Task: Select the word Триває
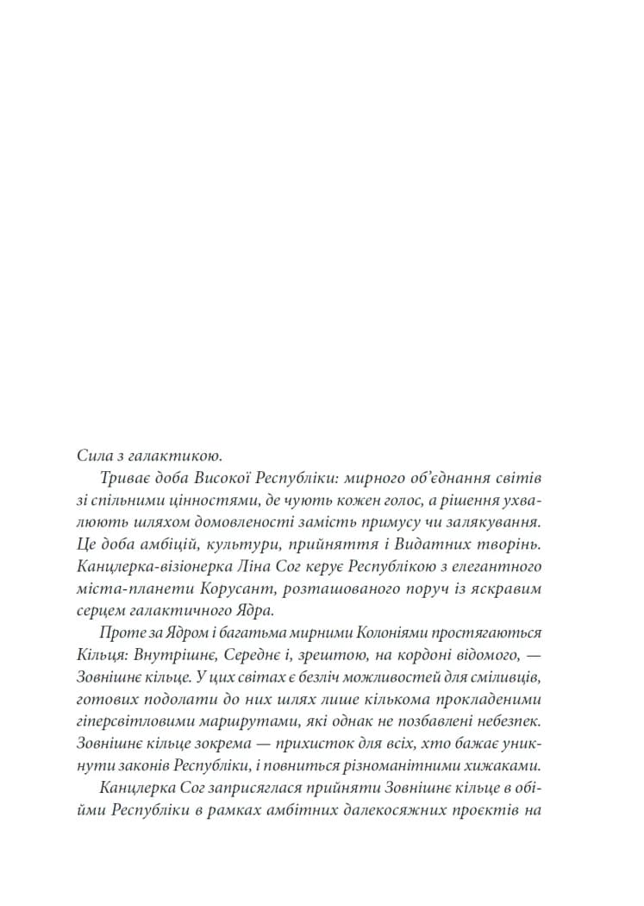coord(126,477)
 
